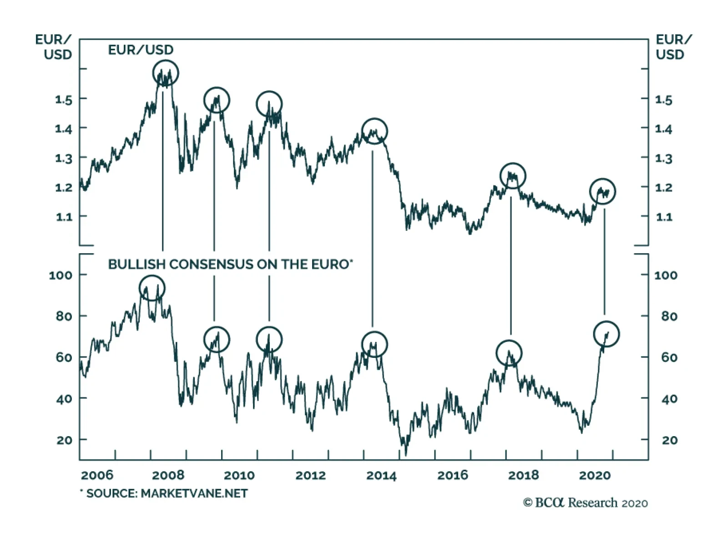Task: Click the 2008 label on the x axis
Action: pos(168,475)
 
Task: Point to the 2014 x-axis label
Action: pos(381,475)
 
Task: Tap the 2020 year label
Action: pos(594,475)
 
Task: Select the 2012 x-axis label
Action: pos(310,475)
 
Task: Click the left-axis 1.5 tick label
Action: pos(64,99)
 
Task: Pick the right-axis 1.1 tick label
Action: pos(663,217)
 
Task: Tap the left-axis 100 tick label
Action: pos(61,275)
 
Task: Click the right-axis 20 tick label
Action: pos(669,440)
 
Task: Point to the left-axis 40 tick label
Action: pos(64,399)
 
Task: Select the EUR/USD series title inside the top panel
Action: pos(141,50)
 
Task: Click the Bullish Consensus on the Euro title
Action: pos(230,265)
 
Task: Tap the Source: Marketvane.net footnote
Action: pos(164,494)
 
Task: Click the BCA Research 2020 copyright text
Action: pos(585,503)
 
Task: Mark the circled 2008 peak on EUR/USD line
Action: pos(166,73)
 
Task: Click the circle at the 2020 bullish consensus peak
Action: pos(607,334)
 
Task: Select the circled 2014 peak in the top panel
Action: pos(374,131)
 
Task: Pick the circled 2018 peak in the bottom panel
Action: pos(509,353)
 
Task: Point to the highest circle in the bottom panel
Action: pos(152,288)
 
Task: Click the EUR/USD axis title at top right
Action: pos(672,47)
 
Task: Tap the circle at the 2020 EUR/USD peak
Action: pos(602,191)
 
